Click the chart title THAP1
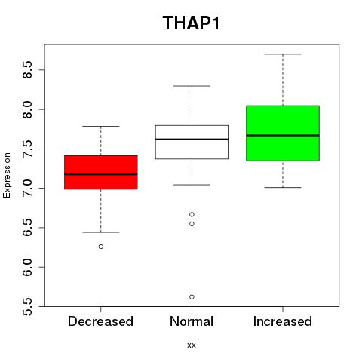click(191, 23)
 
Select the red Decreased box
click(101, 172)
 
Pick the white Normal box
click(192, 142)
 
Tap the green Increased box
click(283, 133)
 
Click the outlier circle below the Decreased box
click(101, 247)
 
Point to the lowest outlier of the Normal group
click(192, 297)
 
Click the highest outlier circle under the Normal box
click(192, 214)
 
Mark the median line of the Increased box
click(283, 135)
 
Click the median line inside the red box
click(101, 174)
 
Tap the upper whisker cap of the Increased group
click(283, 54)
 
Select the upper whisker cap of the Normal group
click(192, 86)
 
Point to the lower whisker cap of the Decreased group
click(101, 232)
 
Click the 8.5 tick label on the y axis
click(27, 69)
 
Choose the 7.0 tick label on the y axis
click(27, 189)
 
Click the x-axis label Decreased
click(100, 321)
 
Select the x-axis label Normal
click(192, 321)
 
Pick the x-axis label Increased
click(283, 321)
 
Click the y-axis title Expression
click(7, 175)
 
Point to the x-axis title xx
click(192, 345)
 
